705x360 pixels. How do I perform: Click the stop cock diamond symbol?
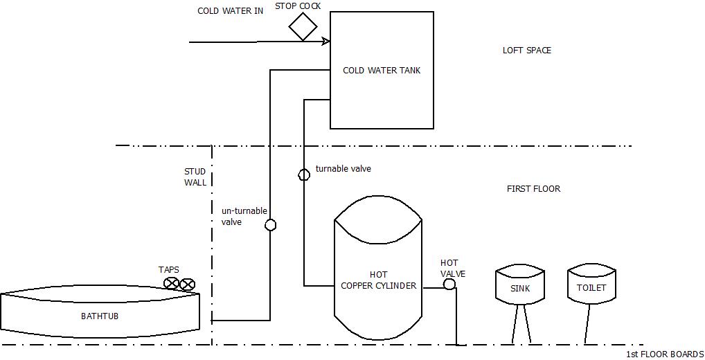(x=303, y=26)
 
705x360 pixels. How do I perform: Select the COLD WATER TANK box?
(x=382, y=70)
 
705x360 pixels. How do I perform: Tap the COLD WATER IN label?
(x=230, y=11)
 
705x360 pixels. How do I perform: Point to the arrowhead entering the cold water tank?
(x=325, y=42)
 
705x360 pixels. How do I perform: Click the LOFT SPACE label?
(x=526, y=51)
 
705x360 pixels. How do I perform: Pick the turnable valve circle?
(x=304, y=174)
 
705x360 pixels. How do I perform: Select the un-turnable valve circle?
(x=271, y=225)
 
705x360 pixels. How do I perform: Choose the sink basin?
(x=520, y=286)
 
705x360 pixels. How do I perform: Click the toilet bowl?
(x=591, y=285)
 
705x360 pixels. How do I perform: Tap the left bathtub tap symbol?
(x=172, y=283)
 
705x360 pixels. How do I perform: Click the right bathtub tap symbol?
(x=187, y=283)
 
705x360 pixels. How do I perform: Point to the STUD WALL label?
(x=195, y=177)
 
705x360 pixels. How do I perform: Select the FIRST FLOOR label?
(x=533, y=189)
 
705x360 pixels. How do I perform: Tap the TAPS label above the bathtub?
(x=168, y=270)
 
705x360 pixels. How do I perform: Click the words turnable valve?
(x=343, y=169)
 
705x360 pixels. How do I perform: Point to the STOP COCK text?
(x=298, y=6)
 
